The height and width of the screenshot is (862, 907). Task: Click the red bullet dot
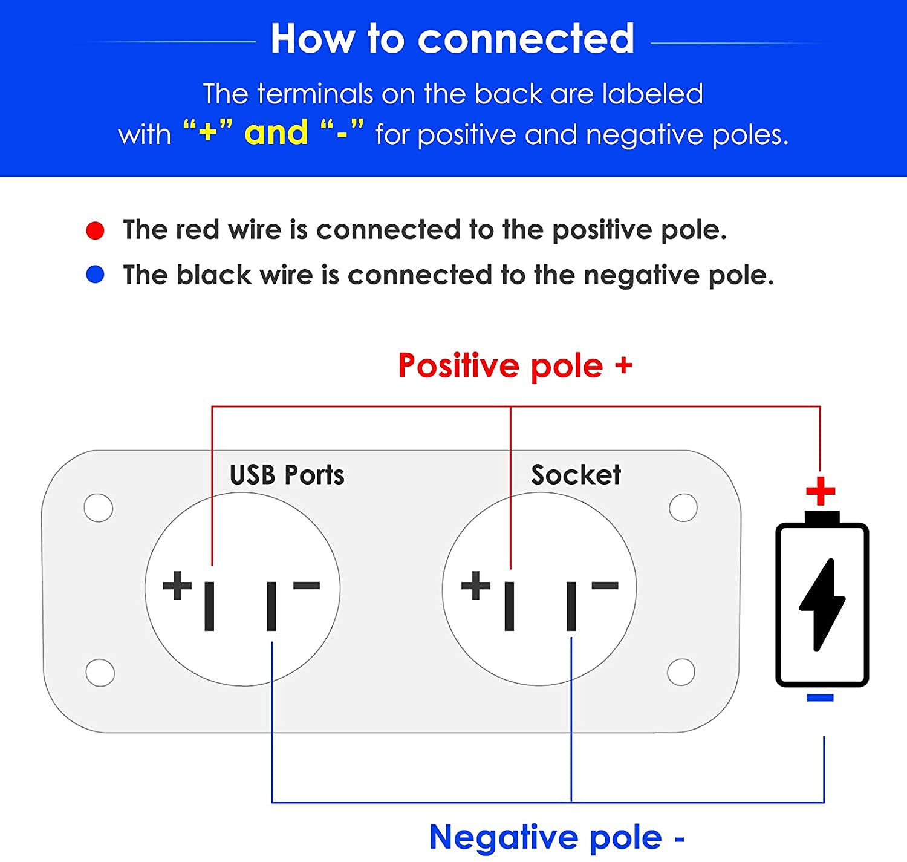95,230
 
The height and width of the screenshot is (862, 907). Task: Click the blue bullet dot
95,275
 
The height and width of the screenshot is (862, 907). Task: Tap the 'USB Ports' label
287,475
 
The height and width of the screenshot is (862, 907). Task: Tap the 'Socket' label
576,475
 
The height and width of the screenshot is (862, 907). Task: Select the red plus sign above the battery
821,491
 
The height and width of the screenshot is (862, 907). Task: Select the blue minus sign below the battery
820,698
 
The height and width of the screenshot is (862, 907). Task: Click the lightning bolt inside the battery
822,604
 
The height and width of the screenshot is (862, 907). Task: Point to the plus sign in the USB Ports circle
177,586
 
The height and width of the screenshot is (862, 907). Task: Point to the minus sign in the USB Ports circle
307,585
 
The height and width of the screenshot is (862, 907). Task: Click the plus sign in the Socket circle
476,586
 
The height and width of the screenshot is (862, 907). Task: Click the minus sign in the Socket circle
605,585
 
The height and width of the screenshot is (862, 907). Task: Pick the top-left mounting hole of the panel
99,508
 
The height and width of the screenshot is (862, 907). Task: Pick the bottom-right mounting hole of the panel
681,671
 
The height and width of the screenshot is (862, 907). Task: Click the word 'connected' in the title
525,39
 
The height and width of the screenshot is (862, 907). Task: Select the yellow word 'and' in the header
276,132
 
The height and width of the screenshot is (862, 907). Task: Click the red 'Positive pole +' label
515,366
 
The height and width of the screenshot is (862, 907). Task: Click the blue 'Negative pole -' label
556,837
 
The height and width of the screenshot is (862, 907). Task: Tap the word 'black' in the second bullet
213,275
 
